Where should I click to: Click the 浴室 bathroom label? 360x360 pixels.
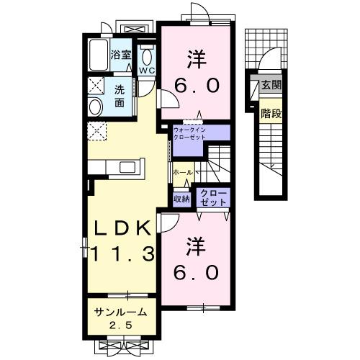click(x=121, y=54)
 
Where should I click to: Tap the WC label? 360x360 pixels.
click(x=147, y=71)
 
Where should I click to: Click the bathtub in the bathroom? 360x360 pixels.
click(x=98, y=55)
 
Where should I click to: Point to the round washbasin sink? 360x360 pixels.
click(x=96, y=107)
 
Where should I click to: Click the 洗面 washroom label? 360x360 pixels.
click(x=122, y=96)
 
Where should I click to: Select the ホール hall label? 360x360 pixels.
click(x=182, y=173)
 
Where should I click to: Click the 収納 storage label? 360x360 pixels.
click(x=181, y=199)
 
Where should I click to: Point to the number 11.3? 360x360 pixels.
click(x=120, y=253)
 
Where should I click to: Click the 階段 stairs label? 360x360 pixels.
click(x=271, y=113)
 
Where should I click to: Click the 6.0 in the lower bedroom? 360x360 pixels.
click(x=195, y=274)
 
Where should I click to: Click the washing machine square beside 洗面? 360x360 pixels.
click(x=96, y=86)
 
